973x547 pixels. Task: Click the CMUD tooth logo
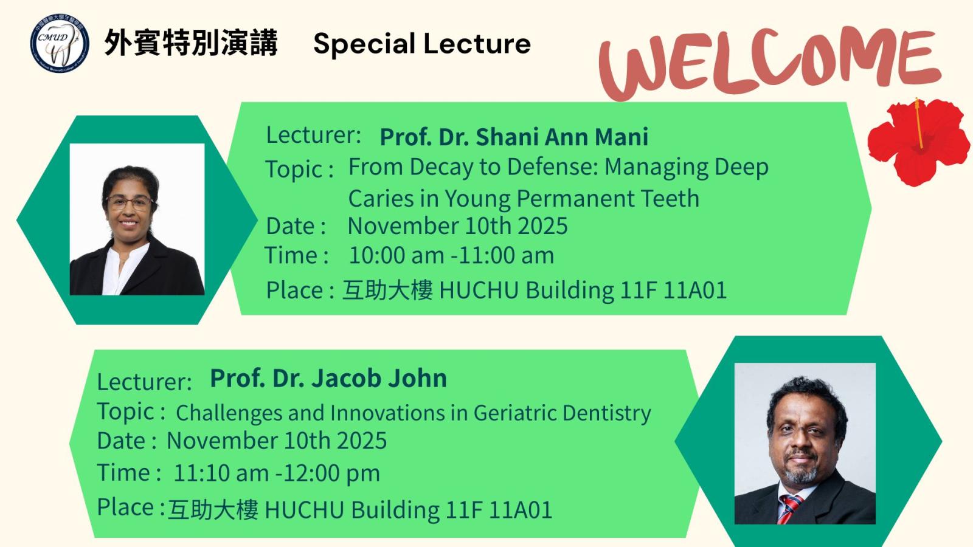coord(60,43)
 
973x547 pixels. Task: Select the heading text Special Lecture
coord(422,44)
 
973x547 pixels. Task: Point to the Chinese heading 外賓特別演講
coord(191,43)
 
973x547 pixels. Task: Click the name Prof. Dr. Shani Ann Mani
coord(514,137)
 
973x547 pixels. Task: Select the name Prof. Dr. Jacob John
coord(328,378)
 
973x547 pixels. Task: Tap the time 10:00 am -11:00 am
coord(451,255)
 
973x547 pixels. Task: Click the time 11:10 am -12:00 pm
coord(277,473)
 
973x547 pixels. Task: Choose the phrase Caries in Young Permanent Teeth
coord(524,199)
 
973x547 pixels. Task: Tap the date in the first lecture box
coord(458,225)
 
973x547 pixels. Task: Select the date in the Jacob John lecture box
coord(277,441)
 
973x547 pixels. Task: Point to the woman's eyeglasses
coord(129,202)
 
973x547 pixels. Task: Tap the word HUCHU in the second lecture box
coord(304,510)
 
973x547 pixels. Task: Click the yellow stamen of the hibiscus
coord(919,123)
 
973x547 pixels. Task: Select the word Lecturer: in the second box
coord(144,382)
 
